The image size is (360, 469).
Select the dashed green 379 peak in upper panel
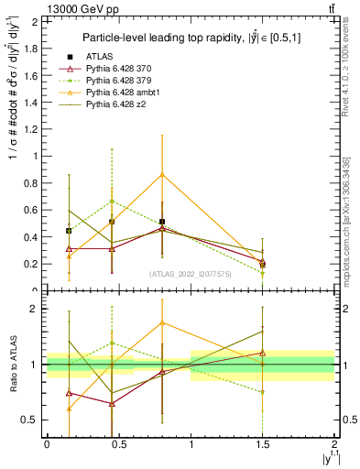click(112, 201)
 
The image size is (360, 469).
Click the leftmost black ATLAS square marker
click(69, 231)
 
